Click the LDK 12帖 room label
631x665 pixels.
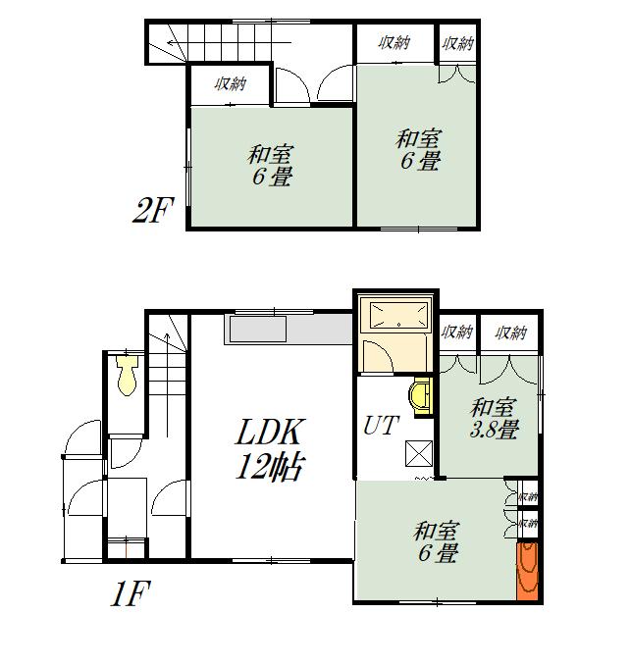click(269, 448)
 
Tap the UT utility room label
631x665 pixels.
click(381, 426)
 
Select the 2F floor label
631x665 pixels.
click(153, 211)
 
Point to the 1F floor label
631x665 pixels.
click(131, 593)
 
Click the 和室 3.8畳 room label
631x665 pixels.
click(494, 419)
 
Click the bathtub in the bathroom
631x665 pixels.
click(398, 314)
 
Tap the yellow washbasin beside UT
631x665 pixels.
click(419, 396)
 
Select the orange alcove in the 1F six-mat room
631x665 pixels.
click(527, 571)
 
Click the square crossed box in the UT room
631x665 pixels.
click(418, 453)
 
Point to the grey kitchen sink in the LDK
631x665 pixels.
click(257, 330)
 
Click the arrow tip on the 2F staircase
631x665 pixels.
click(168, 42)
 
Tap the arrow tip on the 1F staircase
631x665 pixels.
click(167, 334)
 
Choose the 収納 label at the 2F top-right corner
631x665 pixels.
click(457, 43)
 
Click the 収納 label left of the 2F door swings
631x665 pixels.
click(230, 83)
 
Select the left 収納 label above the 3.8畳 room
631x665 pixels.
click(456, 332)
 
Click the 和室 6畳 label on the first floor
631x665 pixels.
click(437, 542)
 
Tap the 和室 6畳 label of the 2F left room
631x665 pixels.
click(270, 166)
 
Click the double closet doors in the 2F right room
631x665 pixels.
click(456, 73)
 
